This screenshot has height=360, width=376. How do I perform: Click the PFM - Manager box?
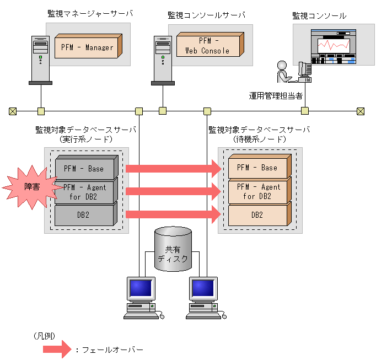(87, 47)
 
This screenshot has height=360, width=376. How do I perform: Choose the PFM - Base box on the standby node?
(259, 167)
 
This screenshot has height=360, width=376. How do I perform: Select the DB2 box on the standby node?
(259, 214)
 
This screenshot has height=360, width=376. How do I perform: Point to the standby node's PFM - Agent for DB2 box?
(259, 191)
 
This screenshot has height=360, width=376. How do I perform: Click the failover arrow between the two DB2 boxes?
(173, 215)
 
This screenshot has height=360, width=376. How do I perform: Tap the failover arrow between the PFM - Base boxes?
(173, 168)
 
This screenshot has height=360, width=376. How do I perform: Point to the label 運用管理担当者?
(275, 96)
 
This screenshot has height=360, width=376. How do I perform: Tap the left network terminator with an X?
(13, 111)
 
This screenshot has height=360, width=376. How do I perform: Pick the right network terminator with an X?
(361, 111)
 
